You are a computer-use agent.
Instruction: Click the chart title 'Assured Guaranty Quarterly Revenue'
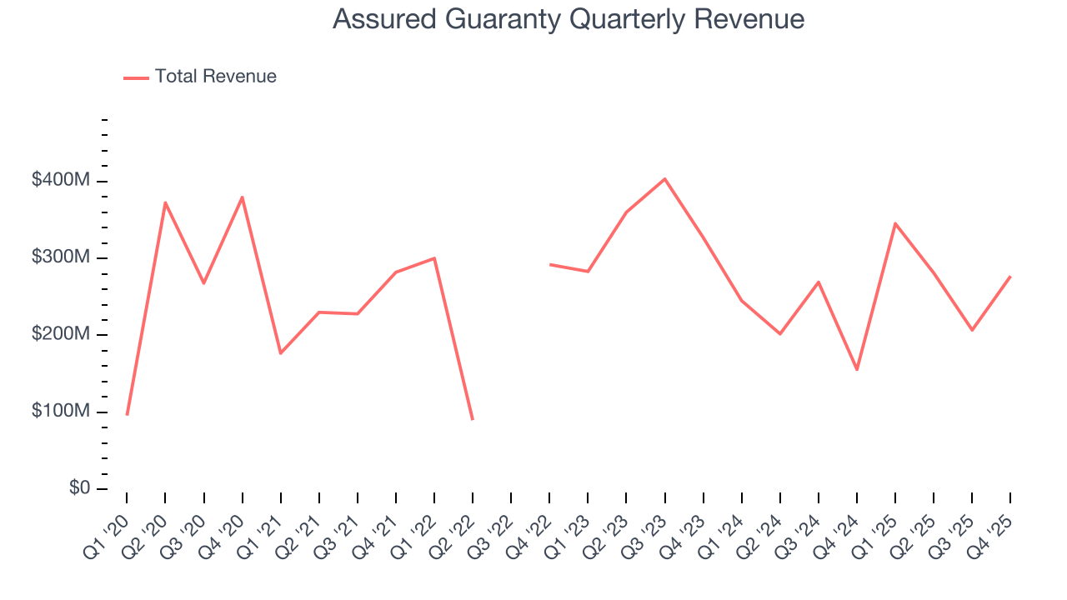569,19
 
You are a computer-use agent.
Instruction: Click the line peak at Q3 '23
664,179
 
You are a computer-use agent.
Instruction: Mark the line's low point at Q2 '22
473,419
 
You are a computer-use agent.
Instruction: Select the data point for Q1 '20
127,414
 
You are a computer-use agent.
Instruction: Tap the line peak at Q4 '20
243,197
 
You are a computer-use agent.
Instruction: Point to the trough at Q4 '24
857,370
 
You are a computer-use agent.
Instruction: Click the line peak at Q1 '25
895,223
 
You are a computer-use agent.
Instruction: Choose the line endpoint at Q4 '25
1010,277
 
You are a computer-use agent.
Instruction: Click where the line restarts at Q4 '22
549,264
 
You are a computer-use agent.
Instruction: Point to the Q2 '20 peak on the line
165,202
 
